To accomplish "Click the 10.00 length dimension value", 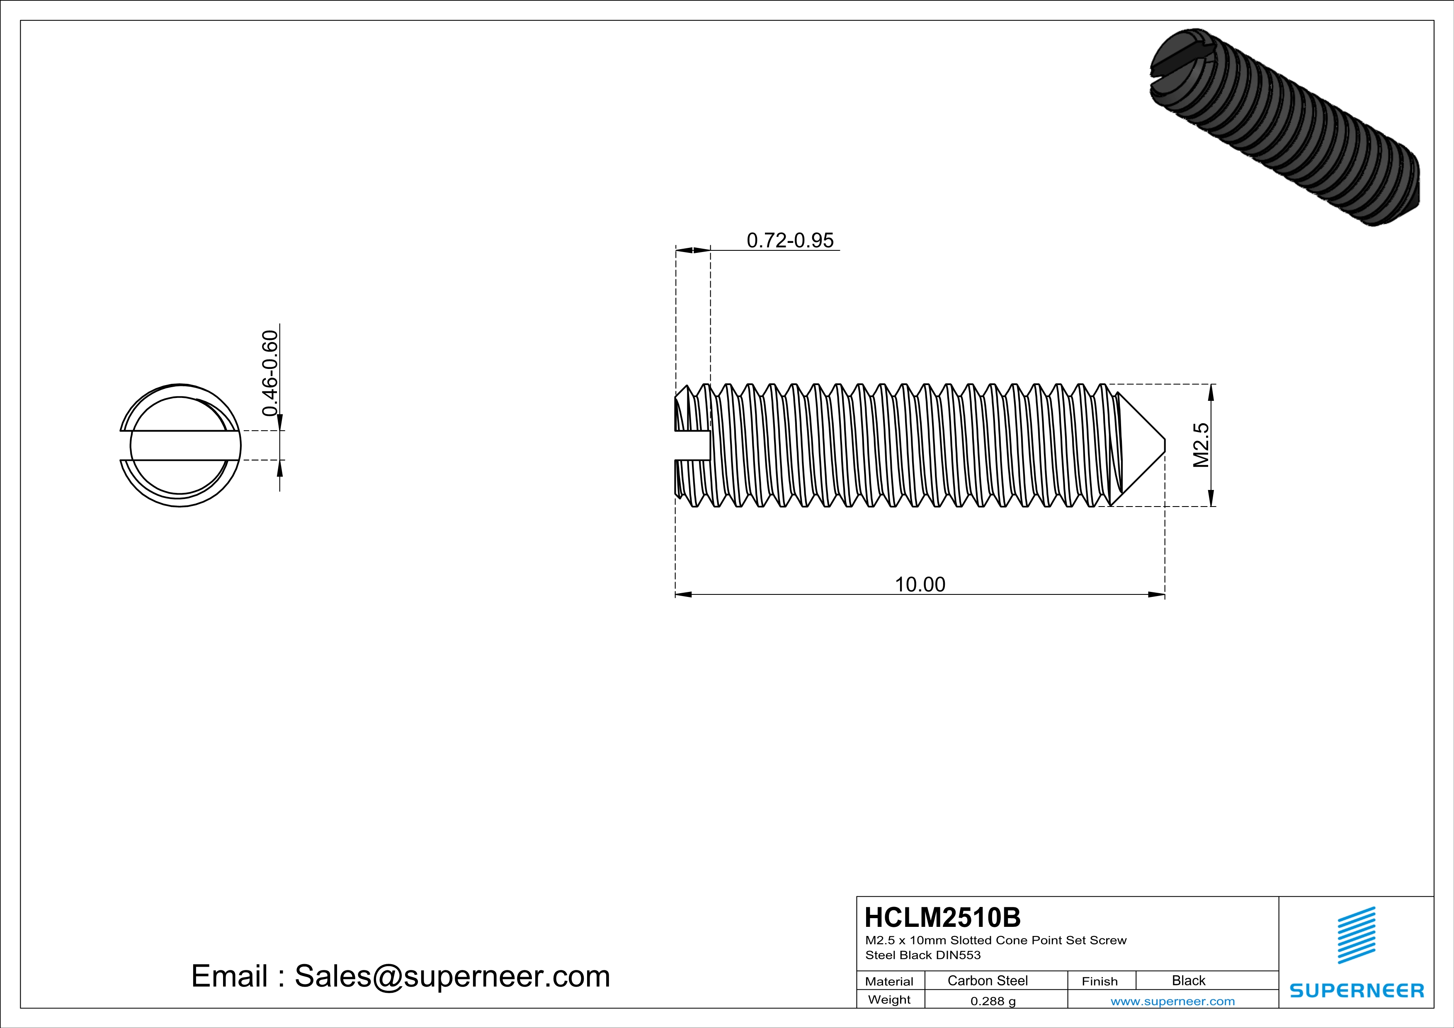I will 920,584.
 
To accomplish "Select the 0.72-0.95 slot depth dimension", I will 790,240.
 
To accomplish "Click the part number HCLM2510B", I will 942,917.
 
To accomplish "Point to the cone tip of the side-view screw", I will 1162,445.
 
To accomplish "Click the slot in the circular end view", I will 180,445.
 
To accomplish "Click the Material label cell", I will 889,981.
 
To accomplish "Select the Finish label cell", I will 1100,981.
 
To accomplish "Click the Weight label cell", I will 889,999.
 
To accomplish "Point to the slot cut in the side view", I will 692,445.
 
